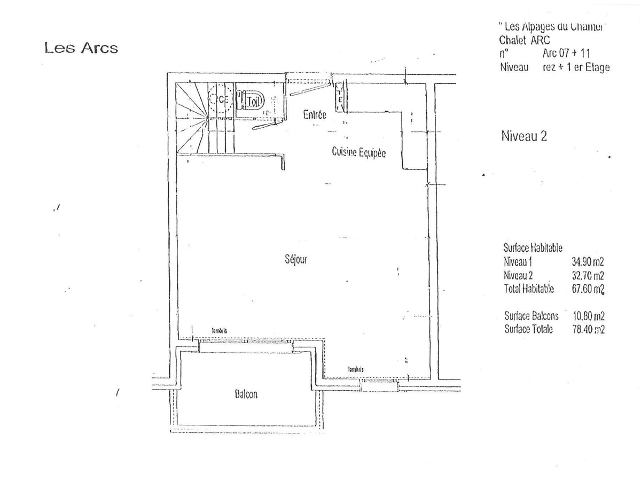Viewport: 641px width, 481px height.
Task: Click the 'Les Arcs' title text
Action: point(81,48)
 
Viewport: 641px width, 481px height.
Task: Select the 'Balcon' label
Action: point(246,394)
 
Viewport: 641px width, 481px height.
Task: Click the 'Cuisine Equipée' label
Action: point(358,152)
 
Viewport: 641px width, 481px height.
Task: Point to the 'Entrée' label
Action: point(315,114)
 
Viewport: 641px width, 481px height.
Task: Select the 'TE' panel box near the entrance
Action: point(340,97)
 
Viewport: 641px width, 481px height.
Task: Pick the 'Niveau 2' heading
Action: point(524,136)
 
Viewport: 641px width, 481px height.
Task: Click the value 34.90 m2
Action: point(588,262)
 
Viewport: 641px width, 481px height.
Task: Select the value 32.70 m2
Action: point(588,276)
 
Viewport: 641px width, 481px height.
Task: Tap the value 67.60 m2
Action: point(588,290)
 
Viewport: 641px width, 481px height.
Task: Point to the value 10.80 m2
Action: point(588,316)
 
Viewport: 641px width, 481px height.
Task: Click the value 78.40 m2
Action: point(588,329)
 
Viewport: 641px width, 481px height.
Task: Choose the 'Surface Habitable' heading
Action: point(533,248)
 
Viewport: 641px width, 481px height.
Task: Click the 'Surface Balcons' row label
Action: point(531,316)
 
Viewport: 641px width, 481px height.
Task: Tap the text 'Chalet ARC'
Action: point(524,40)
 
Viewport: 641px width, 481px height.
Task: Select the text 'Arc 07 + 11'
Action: point(566,53)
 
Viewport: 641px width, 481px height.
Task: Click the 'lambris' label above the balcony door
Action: point(220,331)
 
